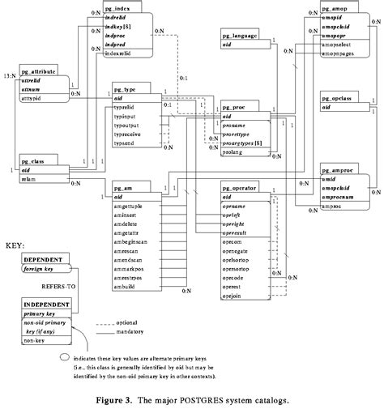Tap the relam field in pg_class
[x=28, y=168]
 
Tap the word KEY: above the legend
[x=15, y=243]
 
